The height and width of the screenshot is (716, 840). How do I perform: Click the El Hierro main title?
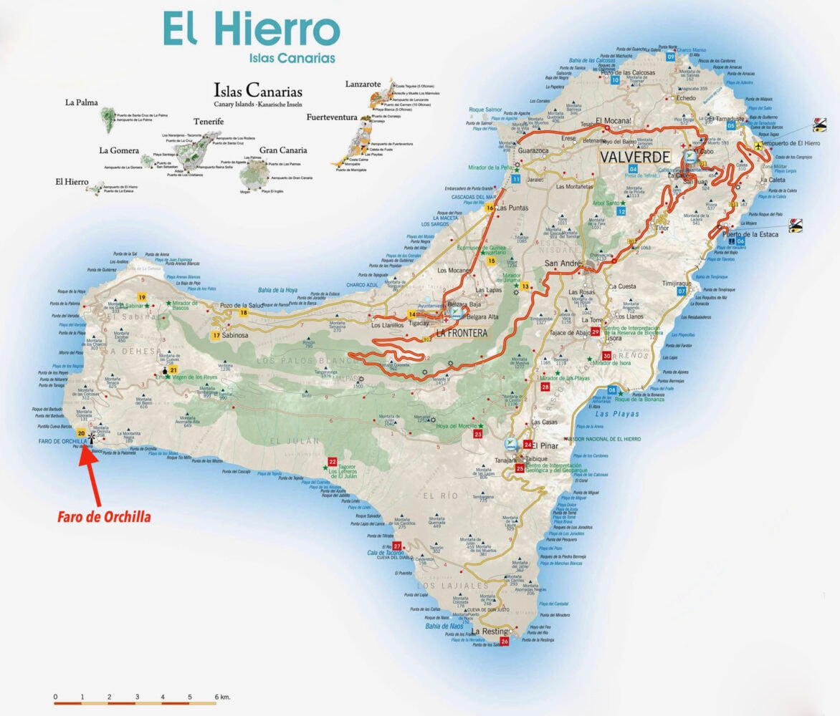pos(251,29)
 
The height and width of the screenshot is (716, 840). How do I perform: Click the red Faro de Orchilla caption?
pos(104,516)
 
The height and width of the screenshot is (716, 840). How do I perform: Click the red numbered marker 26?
pos(505,642)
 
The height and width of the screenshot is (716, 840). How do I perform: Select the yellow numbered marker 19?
pos(142,297)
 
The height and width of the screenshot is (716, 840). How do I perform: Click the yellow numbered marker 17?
pos(216,335)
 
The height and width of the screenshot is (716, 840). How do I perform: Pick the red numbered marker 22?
pos(332,462)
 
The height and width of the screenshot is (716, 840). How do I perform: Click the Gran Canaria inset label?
pos(283,150)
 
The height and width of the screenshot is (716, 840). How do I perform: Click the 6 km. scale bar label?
pos(220,696)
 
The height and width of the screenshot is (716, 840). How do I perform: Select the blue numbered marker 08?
pos(612,390)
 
